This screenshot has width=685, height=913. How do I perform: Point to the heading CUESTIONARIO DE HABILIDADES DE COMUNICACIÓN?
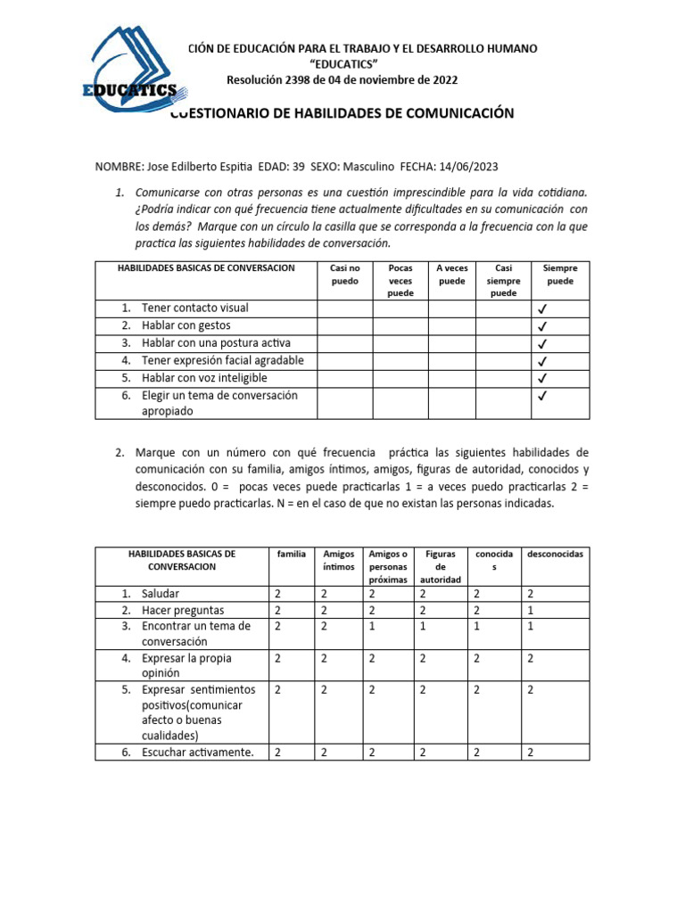[x=342, y=113]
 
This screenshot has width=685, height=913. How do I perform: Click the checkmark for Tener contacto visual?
[x=542, y=308]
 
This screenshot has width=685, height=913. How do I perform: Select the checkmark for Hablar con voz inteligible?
[x=542, y=379]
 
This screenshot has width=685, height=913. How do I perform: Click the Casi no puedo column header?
[x=344, y=274]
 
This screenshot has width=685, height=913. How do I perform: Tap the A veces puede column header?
[x=452, y=274]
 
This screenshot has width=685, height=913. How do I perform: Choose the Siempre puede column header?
[x=560, y=274]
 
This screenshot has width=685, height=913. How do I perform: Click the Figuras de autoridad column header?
[x=441, y=566]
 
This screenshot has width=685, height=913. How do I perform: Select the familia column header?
[x=291, y=554]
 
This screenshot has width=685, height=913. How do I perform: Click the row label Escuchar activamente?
[x=197, y=752]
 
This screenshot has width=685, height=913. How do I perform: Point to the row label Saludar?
[x=160, y=594]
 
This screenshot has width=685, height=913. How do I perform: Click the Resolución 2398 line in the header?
[x=342, y=80]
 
